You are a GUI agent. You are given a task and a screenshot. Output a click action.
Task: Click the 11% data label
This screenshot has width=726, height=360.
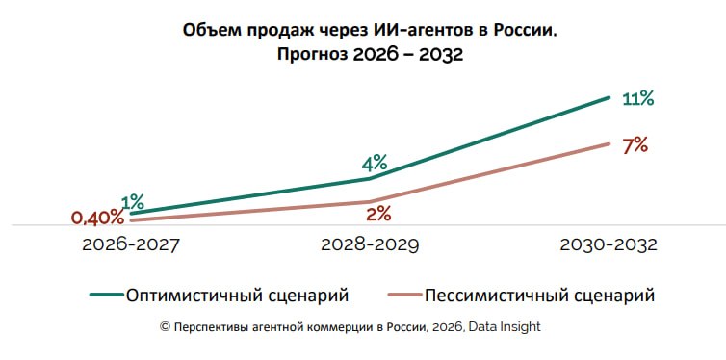tap(638, 99)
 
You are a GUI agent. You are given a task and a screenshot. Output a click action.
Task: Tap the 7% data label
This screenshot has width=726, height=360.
tap(635, 145)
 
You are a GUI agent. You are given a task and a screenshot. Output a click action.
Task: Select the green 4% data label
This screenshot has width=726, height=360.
tap(375, 164)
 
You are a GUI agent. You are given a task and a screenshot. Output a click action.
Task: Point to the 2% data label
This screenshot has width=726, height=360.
tap(378, 215)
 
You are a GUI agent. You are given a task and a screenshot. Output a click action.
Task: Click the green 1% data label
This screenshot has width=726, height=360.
tap(133, 202)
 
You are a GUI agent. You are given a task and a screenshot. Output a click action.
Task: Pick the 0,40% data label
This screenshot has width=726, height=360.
tap(97, 218)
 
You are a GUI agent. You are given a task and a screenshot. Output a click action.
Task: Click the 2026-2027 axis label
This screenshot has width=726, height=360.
tap(130, 244)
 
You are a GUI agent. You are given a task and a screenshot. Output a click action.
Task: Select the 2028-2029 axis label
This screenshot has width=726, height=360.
tap(370, 244)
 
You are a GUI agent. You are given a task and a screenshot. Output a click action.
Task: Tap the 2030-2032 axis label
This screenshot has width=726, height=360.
tap(609, 244)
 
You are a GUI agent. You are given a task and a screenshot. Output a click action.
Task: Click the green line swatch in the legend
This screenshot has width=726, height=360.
tap(106, 295)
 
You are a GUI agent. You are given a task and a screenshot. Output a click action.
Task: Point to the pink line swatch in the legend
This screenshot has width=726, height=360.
tap(404, 295)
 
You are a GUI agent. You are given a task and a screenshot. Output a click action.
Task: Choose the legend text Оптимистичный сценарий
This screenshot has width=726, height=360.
tap(237, 295)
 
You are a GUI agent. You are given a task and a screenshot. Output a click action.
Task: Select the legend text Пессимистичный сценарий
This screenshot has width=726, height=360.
tap(540, 295)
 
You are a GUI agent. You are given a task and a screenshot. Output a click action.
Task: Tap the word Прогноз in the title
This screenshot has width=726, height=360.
tap(313, 55)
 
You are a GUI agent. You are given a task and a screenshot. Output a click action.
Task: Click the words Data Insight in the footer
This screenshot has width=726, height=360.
tap(505, 326)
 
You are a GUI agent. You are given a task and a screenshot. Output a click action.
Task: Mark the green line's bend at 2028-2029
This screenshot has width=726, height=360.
tap(370, 178)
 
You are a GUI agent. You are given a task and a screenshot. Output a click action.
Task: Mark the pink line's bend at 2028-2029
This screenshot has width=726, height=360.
tap(370, 201)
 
